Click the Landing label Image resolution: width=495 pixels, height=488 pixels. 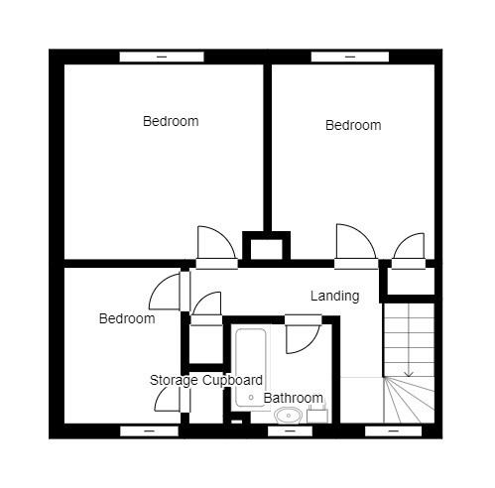pyautogui.click(x=334, y=296)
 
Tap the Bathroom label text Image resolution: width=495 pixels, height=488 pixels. pyautogui.click(x=294, y=398)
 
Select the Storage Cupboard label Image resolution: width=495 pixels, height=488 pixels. pyautogui.click(x=206, y=381)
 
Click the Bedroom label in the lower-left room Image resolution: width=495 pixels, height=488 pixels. pyautogui.click(x=127, y=318)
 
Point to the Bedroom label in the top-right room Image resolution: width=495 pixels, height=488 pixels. pyautogui.click(x=353, y=125)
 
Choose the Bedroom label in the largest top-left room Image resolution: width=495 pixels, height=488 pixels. pyautogui.click(x=171, y=121)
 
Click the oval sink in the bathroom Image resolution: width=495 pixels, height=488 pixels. pyautogui.click(x=289, y=416)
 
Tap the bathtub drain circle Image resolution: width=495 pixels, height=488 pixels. pyautogui.click(x=251, y=398)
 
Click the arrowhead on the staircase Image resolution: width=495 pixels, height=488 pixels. pyautogui.click(x=409, y=374)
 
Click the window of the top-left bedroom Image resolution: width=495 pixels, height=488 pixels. pyautogui.click(x=162, y=57)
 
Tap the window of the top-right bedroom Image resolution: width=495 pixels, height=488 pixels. pyautogui.click(x=350, y=57)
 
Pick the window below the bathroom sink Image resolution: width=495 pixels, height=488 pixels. pyautogui.click(x=290, y=431)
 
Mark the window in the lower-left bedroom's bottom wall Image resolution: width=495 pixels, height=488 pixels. pyautogui.click(x=149, y=431)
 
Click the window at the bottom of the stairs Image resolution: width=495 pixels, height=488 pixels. pyautogui.click(x=393, y=431)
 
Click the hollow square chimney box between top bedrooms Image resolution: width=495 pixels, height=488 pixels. pyautogui.click(x=267, y=245)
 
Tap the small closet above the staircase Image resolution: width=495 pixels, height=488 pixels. pyautogui.click(x=411, y=282)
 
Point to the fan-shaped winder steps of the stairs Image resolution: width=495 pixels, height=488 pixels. pyautogui.click(x=409, y=400)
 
